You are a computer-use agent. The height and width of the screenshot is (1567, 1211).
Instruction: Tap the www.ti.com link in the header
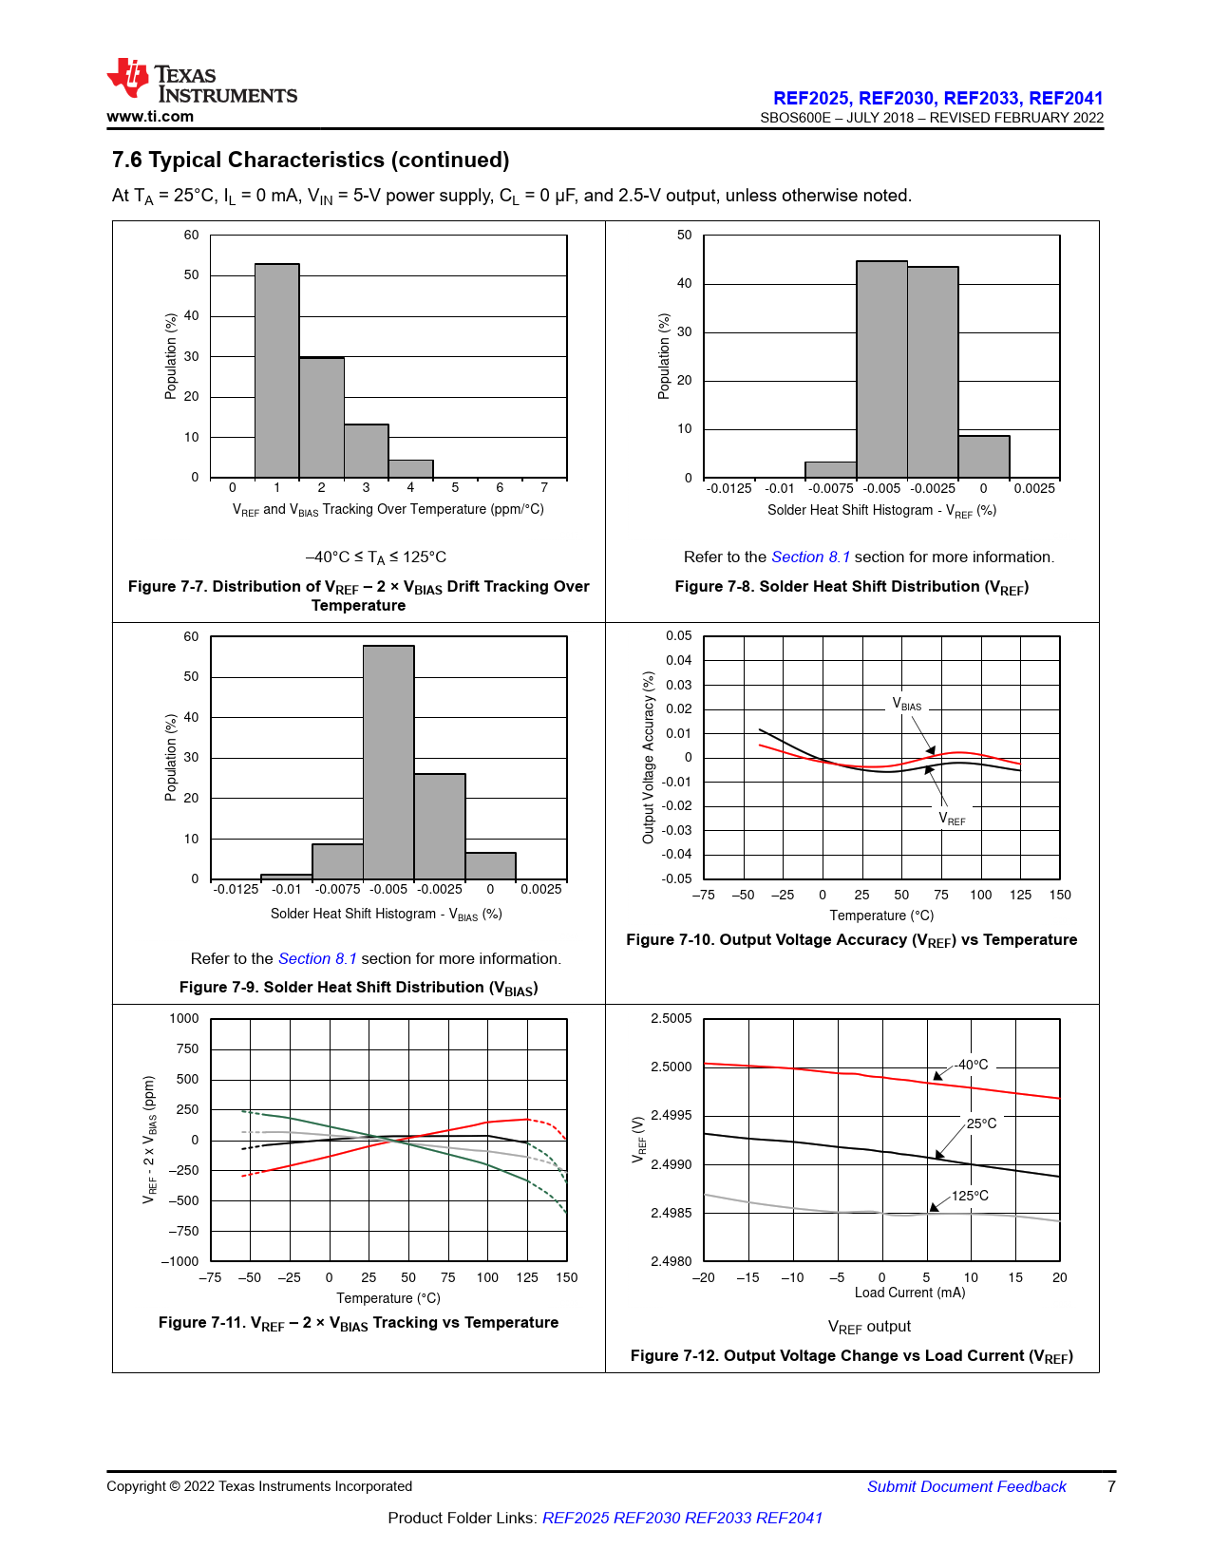point(150,117)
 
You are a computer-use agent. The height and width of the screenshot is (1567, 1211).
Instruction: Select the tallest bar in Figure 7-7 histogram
point(276,370)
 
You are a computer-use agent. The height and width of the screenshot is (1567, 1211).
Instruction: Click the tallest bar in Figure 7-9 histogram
point(388,762)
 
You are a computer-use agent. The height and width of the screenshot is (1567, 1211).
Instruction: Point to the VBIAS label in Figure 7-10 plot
point(906,705)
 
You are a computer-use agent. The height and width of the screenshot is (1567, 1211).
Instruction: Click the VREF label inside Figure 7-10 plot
point(952,819)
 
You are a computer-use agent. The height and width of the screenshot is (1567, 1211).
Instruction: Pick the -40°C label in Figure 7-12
point(971,1065)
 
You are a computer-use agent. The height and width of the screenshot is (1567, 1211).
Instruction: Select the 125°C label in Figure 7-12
point(970,1196)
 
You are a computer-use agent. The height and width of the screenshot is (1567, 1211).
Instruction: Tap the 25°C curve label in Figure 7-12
point(981,1123)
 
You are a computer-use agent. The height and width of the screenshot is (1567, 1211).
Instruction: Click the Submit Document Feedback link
point(966,1486)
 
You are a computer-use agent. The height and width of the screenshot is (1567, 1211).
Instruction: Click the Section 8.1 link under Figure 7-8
point(810,557)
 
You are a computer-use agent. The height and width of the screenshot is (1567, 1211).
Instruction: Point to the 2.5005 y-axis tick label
point(671,1018)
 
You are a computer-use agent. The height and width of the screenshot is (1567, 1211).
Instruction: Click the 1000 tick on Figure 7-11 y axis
point(183,1018)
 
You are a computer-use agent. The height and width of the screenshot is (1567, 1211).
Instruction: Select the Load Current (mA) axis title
point(909,1293)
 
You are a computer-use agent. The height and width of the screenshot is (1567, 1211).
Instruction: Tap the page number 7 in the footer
point(1111,1486)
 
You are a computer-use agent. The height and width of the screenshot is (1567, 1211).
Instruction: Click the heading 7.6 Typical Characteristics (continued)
point(311,160)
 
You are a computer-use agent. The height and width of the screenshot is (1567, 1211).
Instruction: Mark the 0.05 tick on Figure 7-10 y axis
point(678,635)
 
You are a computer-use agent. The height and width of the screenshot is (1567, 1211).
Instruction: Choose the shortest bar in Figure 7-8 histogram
point(830,470)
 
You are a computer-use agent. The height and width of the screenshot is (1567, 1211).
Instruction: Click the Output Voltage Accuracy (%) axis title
point(649,757)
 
